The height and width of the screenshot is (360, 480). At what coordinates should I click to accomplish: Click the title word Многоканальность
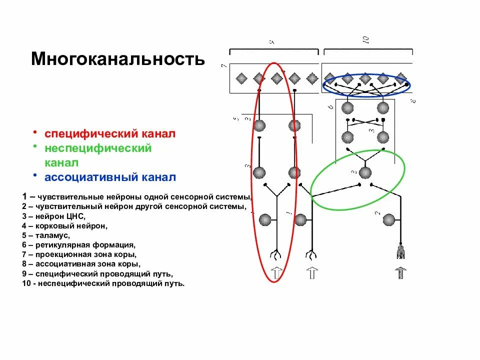[118, 59]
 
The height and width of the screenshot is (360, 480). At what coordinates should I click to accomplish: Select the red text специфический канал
[110, 134]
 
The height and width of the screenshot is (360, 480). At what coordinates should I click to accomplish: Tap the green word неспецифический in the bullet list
[98, 148]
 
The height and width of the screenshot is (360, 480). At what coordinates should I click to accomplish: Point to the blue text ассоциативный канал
[110, 177]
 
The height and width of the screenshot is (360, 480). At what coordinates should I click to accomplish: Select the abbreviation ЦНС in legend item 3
[76, 216]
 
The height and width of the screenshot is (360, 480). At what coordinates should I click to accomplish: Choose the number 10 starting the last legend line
[26, 283]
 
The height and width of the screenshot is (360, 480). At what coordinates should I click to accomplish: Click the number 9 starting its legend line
[24, 274]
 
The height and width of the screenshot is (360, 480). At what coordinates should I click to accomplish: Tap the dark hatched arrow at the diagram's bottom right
[400, 273]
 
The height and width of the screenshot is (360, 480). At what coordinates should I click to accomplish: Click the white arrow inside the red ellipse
[275, 273]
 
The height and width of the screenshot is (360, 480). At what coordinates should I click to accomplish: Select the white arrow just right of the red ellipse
[311, 273]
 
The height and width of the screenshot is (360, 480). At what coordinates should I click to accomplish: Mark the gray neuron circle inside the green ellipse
[365, 172]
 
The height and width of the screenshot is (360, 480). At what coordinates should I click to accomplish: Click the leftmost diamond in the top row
[241, 78]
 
